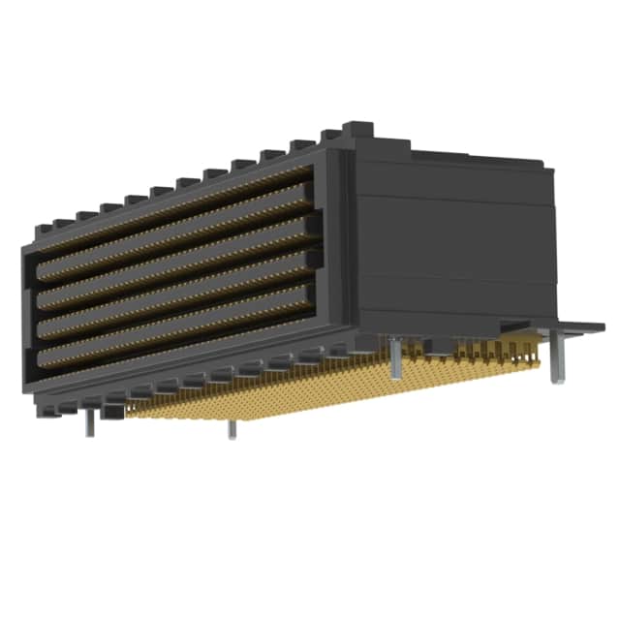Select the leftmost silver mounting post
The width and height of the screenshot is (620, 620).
click(x=89, y=422)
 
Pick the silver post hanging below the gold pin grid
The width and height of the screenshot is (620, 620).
click(x=232, y=428)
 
